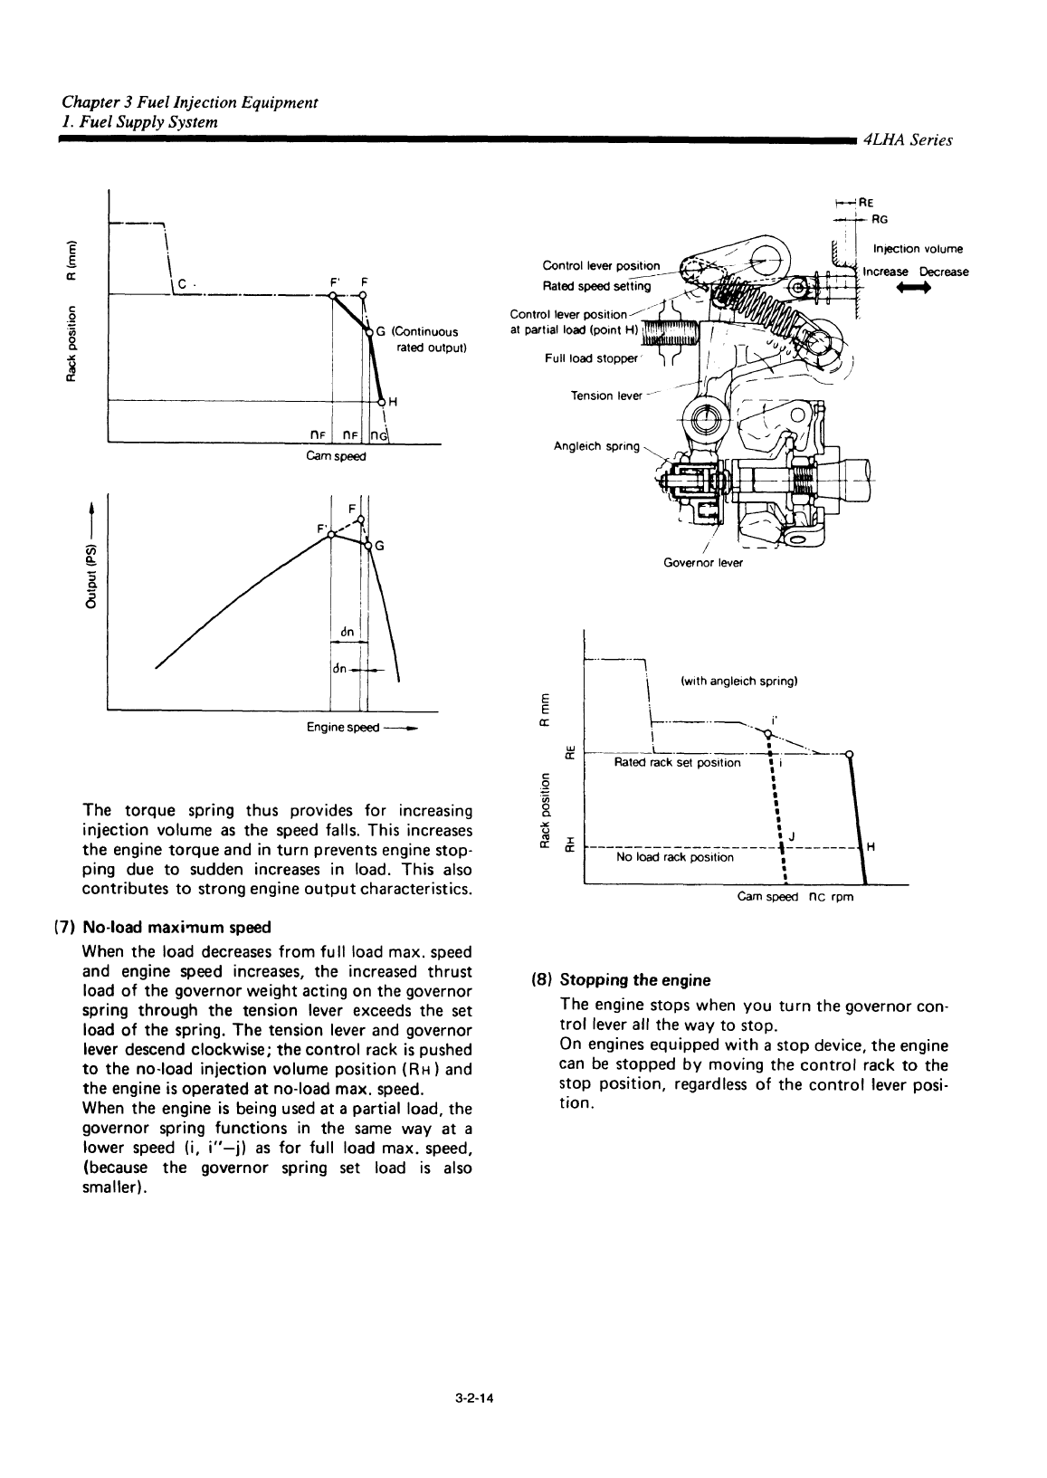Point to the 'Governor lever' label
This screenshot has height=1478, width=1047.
pyautogui.click(x=703, y=562)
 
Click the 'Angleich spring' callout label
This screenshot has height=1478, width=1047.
pyautogui.click(x=596, y=447)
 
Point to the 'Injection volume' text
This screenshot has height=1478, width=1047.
pyautogui.click(x=918, y=250)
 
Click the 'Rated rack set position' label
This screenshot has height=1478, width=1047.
pyautogui.click(x=676, y=763)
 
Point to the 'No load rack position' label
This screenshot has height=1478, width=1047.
pyautogui.click(x=674, y=857)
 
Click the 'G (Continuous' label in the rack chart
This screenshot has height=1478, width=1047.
pyautogui.click(x=419, y=331)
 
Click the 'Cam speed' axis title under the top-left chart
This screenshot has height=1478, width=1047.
pyautogui.click(x=336, y=457)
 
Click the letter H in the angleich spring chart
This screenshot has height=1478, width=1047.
pyautogui.click(x=871, y=847)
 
